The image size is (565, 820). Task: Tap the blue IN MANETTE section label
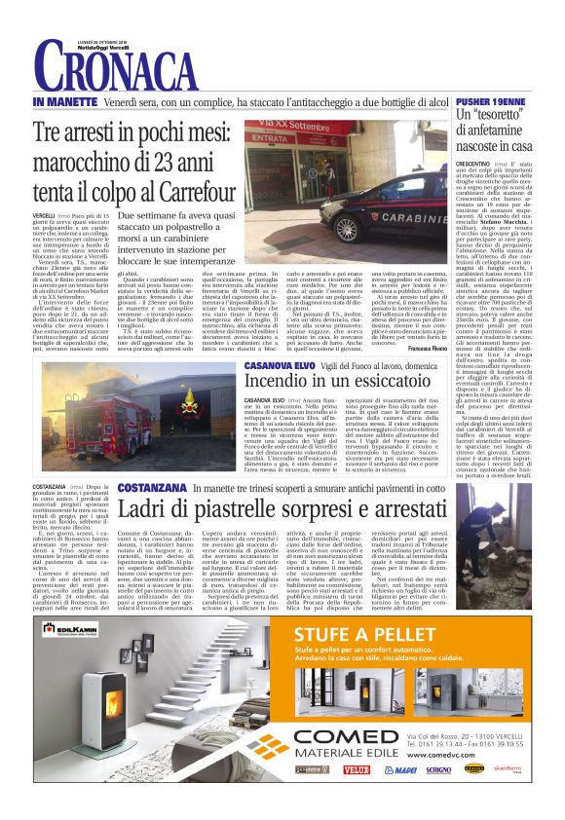point(65,101)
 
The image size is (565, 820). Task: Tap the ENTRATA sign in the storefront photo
point(282,166)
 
